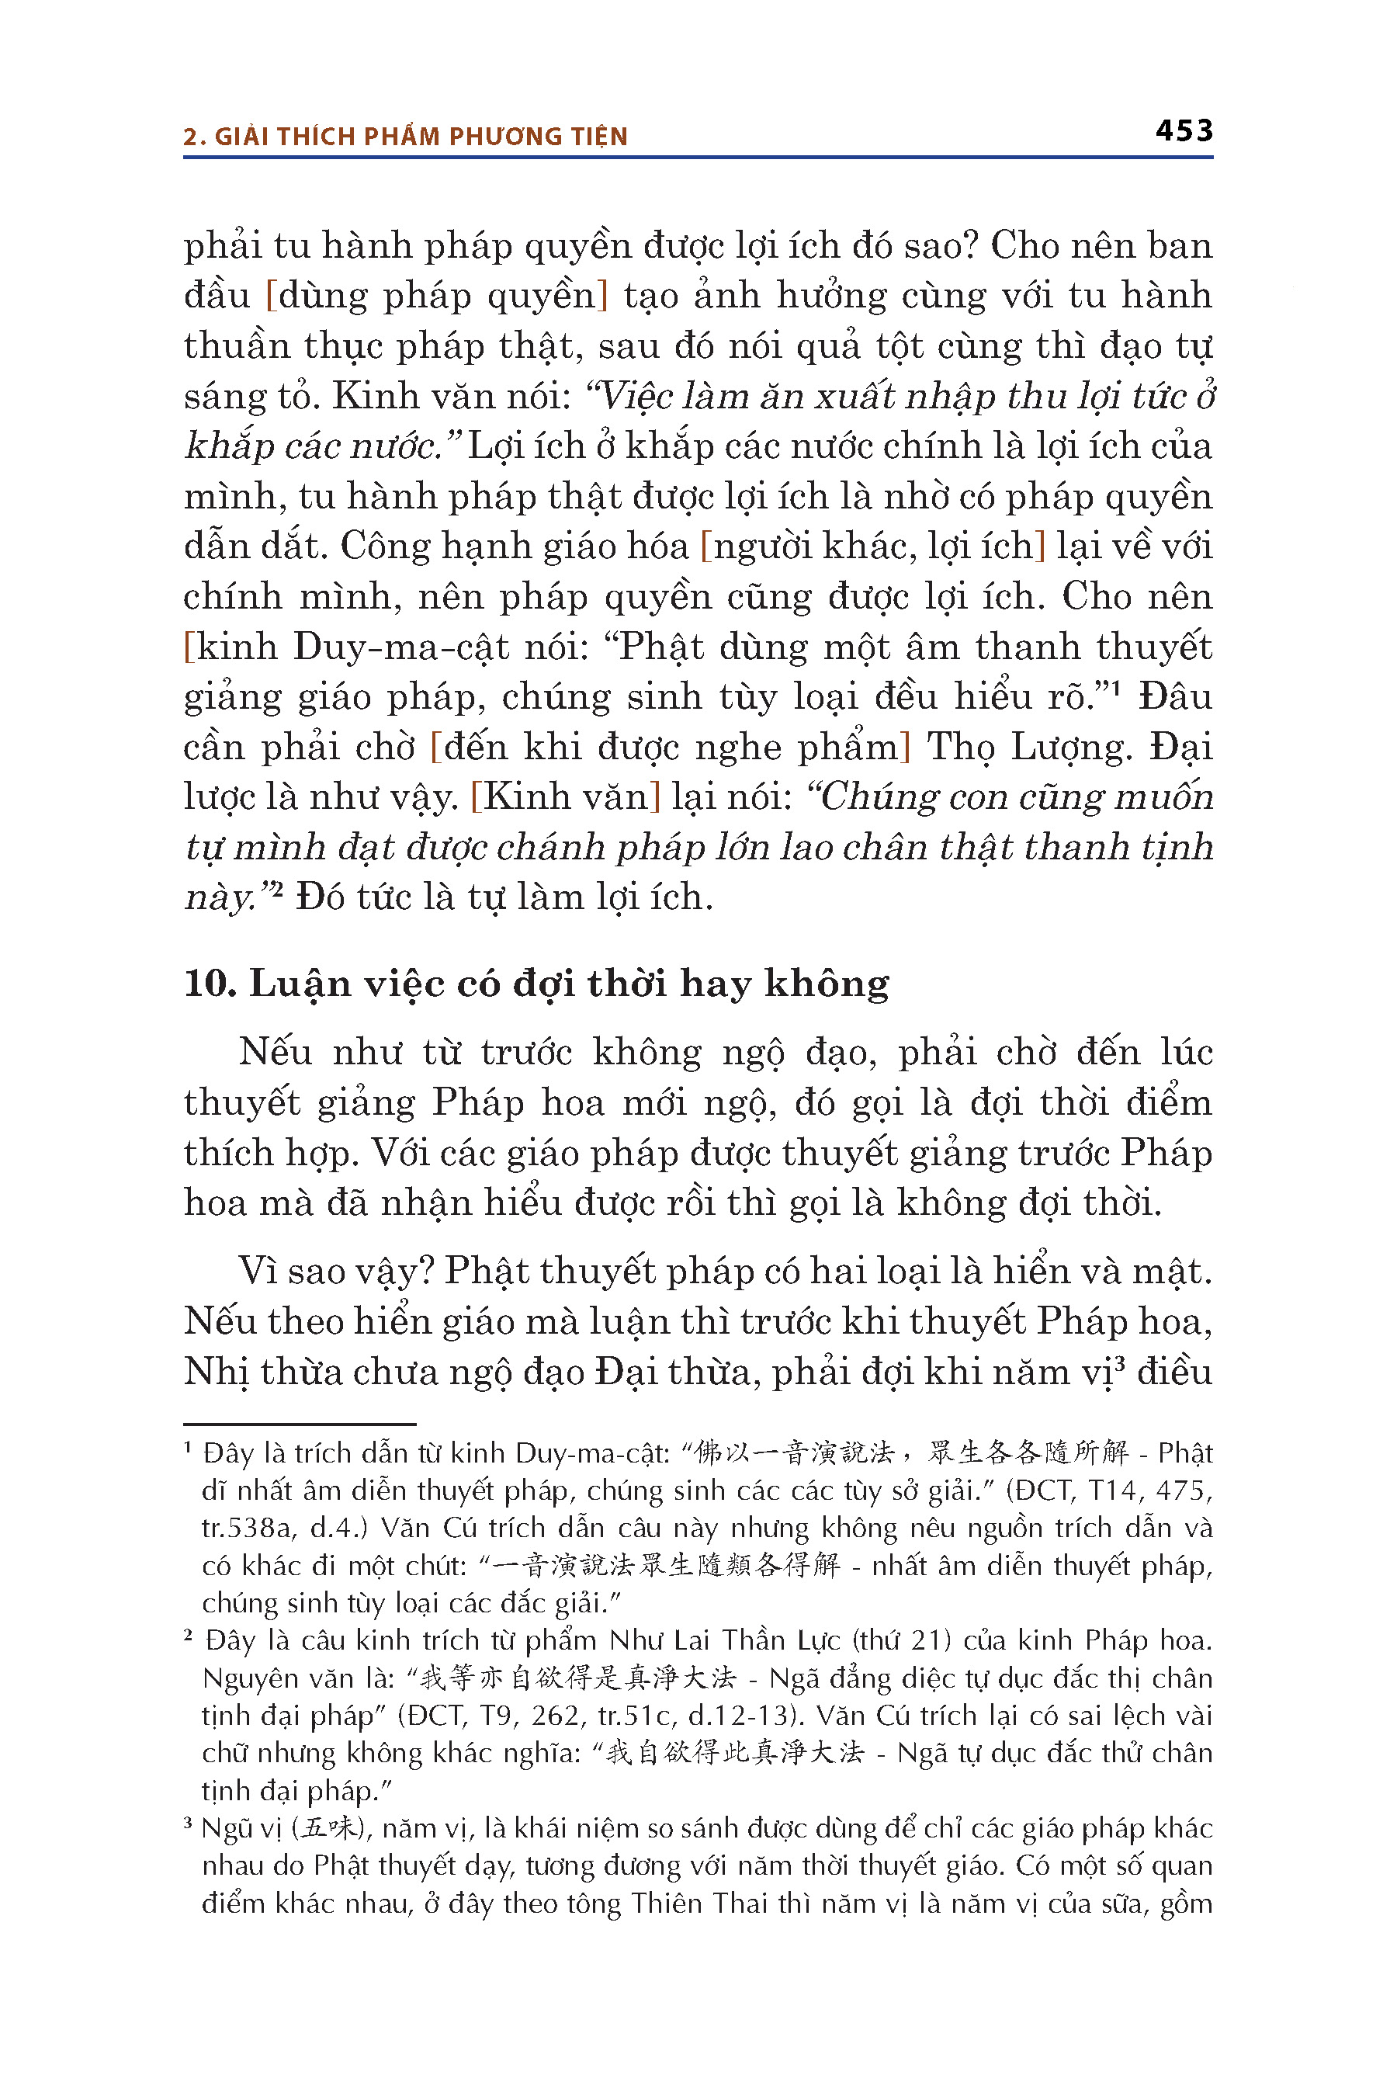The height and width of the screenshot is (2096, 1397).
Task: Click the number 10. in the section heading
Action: [209, 984]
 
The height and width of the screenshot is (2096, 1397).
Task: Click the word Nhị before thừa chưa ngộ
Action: [216, 1372]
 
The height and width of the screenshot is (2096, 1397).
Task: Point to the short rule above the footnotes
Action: [300, 1424]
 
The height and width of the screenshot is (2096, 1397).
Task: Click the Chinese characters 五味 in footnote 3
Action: [329, 1829]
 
